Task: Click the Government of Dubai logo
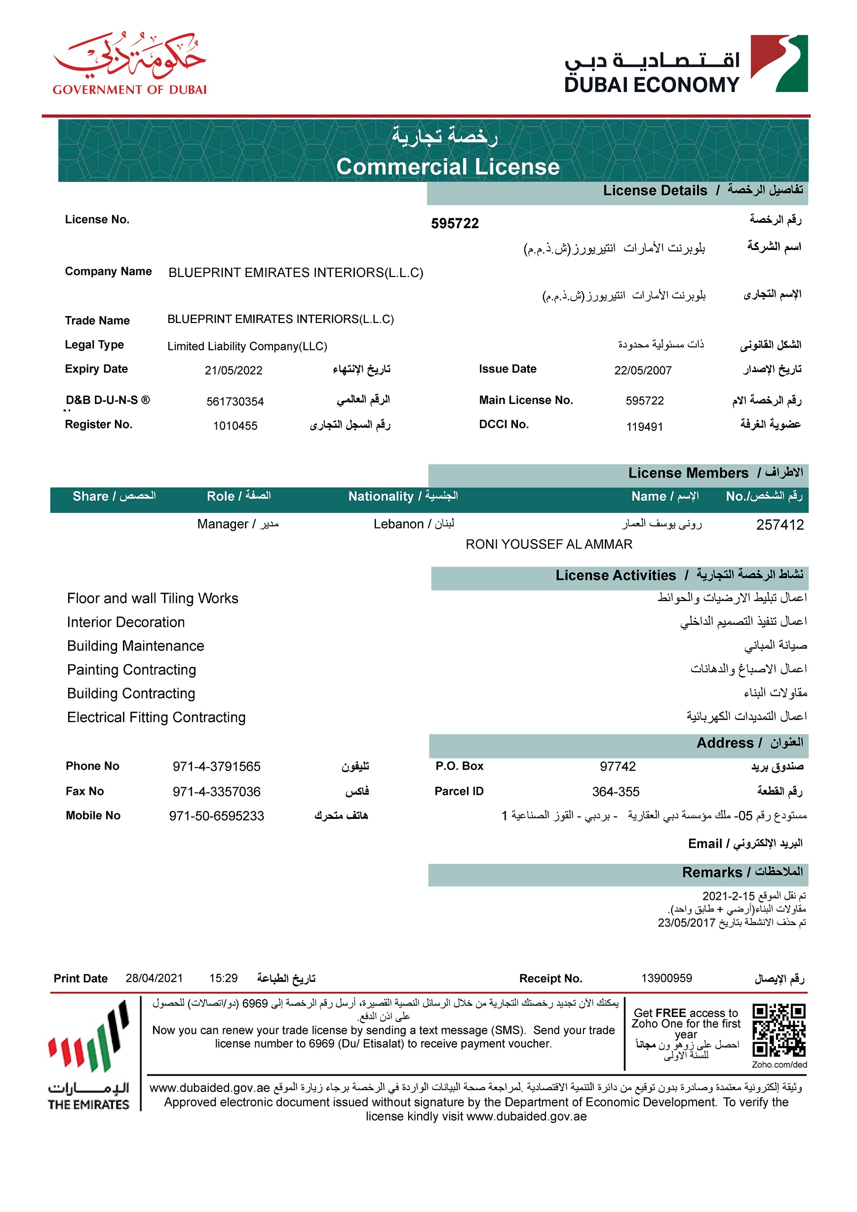point(129,63)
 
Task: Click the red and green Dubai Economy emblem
point(779,63)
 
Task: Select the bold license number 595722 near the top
point(454,224)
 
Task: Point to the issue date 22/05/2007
point(642,370)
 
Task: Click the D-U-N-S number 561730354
point(235,402)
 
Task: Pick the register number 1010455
point(235,426)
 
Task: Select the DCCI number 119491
point(644,427)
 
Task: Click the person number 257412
point(779,525)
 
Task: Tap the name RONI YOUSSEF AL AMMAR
point(548,544)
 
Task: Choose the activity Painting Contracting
point(131,670)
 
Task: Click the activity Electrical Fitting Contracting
point(156,718)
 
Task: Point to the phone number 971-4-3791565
point(216,767)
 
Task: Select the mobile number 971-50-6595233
point(216,816)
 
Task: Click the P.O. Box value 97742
point(618,767)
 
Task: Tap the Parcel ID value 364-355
point(615,792)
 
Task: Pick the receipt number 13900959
point(666,978)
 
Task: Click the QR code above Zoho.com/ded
point(779,1030)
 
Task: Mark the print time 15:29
point(223,978)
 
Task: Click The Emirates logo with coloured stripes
point(89,1056)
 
